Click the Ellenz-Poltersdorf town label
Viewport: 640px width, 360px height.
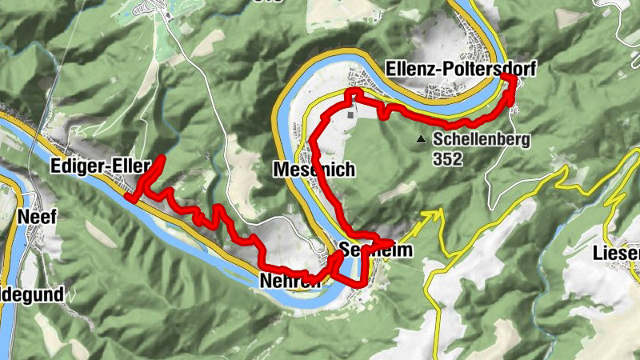point(459,69)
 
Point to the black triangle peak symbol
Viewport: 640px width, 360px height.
point(422,140)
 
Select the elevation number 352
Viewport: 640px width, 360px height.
point(449,158)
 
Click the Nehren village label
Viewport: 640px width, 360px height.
point(290,281)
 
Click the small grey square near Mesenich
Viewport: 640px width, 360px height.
point(350,114)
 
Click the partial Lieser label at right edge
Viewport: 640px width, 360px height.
point(617,254)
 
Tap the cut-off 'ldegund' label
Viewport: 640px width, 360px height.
point(32,294)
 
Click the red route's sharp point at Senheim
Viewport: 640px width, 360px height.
point(392,242)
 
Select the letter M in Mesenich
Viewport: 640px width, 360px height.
point(280,170)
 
